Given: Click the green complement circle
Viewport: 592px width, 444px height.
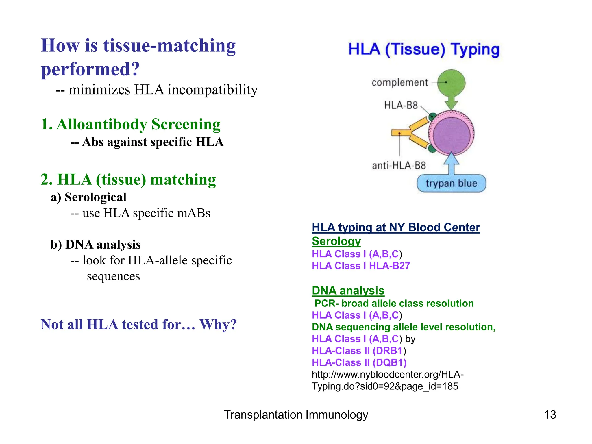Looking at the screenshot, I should click(x=451, y=83).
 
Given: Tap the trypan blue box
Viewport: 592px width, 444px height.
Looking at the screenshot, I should click(x=451, y=183).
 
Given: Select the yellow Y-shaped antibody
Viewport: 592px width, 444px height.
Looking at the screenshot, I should click(x=410, y=133).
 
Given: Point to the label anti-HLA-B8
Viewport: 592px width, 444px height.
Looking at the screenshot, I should click(x=399, y=166).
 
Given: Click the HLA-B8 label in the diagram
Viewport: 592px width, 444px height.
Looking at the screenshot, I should click(x=401, y=105).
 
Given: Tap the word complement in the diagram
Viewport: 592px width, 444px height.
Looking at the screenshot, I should click(x=399, y=83).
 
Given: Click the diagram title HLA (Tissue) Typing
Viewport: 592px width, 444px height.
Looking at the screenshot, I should click(x=424, y=49).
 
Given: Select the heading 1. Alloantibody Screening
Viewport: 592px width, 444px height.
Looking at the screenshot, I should click(x=130, y=124).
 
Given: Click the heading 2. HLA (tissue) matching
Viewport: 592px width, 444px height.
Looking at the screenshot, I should click(x=128, y=180).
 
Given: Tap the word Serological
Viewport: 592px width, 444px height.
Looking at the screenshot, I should click(x=95, y=197).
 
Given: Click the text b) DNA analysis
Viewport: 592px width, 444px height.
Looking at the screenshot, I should click(x=95, y=245).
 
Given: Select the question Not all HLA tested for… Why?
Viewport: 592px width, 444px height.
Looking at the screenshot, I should click(x=138, y=324).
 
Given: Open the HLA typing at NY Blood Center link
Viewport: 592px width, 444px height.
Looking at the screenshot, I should click(x=396, y=227).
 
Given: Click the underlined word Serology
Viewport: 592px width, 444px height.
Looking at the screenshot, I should click(x=336, y=241).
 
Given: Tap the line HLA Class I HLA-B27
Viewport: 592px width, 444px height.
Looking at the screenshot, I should click(x=361, y=266).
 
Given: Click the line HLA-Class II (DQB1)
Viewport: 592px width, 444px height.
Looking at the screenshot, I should click(x=359, y=362).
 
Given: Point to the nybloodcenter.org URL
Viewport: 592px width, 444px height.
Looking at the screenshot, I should click(x=387, y=380).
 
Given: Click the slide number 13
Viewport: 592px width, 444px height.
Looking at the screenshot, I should click(x=550, y=415).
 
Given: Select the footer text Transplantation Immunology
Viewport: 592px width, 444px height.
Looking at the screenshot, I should click(x=296, y=415).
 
